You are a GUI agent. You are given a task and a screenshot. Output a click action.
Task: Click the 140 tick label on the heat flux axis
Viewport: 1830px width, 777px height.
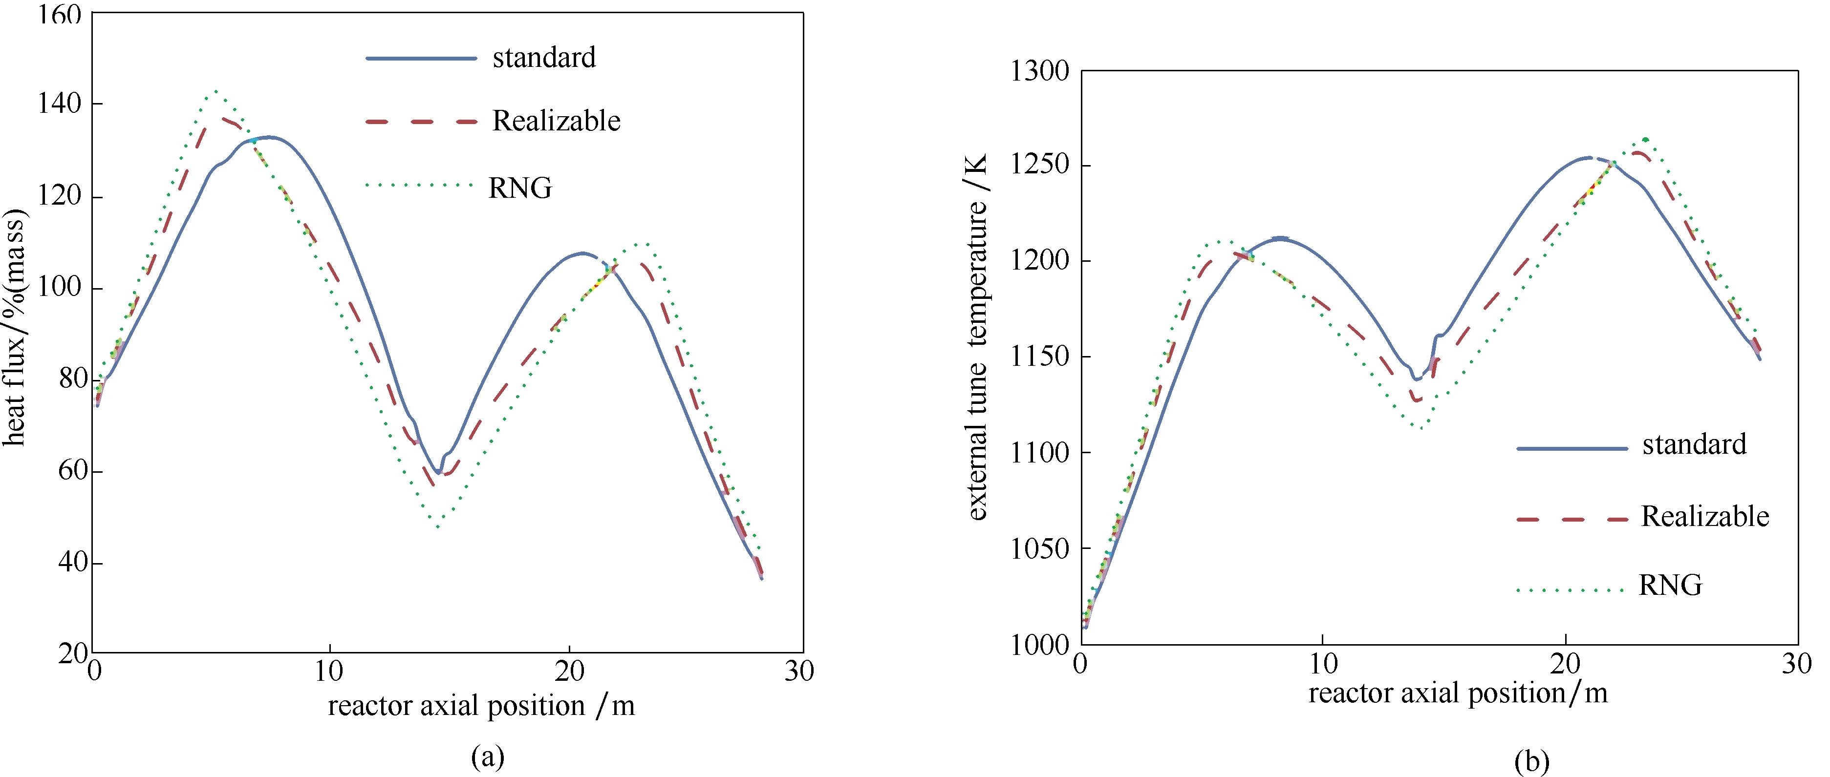click(x=59, y=104)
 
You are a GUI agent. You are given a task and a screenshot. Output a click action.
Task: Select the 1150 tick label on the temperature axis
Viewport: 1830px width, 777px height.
click(x=1039, y=357)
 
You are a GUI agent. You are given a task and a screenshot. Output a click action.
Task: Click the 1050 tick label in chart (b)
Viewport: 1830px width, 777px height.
click(x=1039, y=549)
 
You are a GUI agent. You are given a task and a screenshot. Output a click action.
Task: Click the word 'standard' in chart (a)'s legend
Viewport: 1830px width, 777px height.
click(x=544, y=58)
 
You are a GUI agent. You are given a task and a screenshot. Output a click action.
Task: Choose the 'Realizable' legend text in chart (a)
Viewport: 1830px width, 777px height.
click(x=556, y=122)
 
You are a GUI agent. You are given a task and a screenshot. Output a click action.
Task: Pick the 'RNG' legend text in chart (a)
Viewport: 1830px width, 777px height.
click(x=520, y=188)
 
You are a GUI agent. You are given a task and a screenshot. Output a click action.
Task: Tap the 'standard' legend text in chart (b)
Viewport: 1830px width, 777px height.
click(x=1694, y=444)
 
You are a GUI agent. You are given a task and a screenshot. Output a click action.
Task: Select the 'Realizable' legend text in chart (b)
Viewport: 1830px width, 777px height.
click(x=1705, y=516)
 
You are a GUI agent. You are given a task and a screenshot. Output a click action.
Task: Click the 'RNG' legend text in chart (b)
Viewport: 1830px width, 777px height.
click(x=1670, y=585)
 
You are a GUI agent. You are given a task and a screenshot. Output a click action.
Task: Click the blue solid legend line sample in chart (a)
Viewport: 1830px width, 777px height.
click(x=421, y=58)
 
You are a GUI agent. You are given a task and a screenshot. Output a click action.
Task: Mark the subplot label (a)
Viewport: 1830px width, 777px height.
click(x=487, y=757)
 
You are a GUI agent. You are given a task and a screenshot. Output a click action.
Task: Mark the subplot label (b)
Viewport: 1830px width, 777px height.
click(x=1531, y=761)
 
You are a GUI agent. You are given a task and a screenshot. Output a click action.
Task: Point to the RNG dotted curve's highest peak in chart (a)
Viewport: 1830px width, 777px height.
click(x=215, y=91)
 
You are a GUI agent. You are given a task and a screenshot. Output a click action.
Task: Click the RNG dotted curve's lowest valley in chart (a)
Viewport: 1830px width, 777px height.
click(x=438, y=527)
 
